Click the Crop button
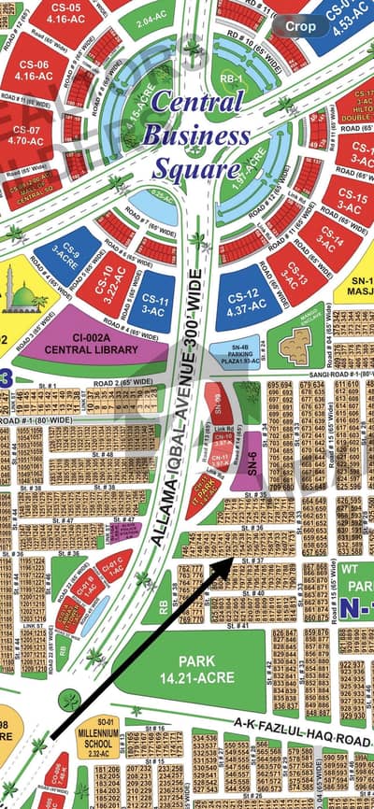[x=300, y=27]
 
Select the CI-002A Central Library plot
[x=91, y=344]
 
